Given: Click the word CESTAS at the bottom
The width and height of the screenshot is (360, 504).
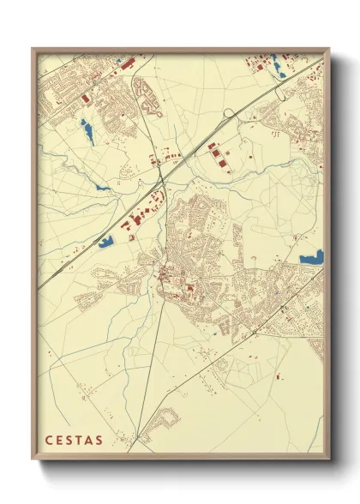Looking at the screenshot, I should click(72, 441).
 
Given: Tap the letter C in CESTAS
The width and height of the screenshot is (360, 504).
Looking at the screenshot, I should click(49, 441).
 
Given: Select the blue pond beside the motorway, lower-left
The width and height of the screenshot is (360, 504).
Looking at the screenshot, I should click(107, 242).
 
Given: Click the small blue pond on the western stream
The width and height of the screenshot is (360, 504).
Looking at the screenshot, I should click(102, 188).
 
